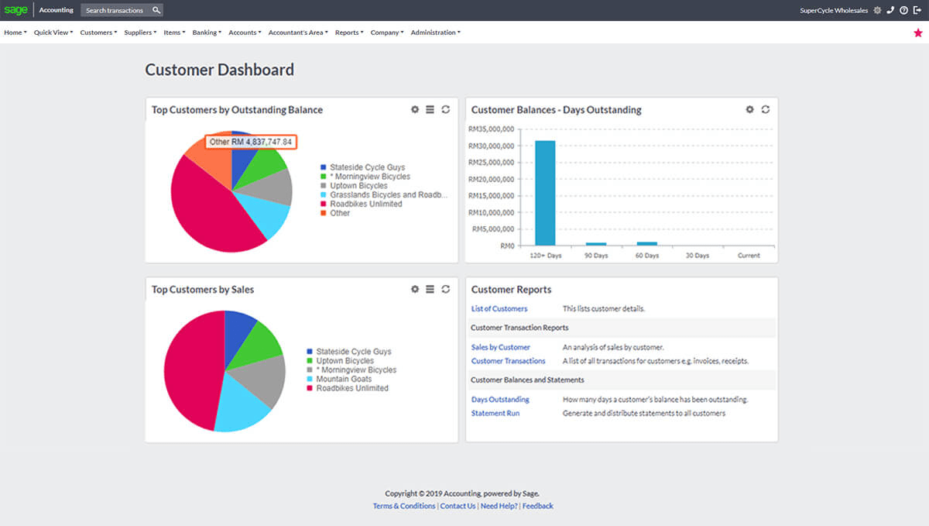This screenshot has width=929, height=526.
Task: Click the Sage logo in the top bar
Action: click(x=15, y=10)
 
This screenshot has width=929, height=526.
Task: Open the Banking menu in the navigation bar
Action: click(x=207, y=33)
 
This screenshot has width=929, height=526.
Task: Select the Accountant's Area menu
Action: click(x=298, y=33)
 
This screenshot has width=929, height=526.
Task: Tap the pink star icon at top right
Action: click(x=918, y=33)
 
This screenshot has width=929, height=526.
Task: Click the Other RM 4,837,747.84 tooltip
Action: click(x=251, y=142)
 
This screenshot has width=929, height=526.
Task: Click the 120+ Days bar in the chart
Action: click(x=545, y=193)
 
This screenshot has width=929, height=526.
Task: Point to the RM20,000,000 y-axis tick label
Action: click(x=491, y=179)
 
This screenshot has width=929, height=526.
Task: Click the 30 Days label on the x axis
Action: click(x=698, y=256)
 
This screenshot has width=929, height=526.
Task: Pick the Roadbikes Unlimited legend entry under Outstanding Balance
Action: click(x=365, y=204)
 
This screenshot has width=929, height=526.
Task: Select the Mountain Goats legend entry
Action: click(x=343, y=380)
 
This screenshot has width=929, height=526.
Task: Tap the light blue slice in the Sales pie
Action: click(x=242, y=407)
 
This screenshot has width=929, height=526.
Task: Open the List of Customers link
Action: click(x=499, y=308)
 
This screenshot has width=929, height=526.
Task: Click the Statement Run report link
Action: click(x=495, y=414)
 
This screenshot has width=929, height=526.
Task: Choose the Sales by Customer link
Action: click(x=501, y=347)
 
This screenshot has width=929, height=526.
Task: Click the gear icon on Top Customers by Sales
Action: click(x=415, y=289)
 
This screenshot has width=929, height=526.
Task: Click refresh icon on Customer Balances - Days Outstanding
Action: click(x=766, y=109)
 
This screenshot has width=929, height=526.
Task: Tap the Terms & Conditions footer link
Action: click(x=404, y=506)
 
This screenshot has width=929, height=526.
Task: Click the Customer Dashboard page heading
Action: click(x=220, y=70)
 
